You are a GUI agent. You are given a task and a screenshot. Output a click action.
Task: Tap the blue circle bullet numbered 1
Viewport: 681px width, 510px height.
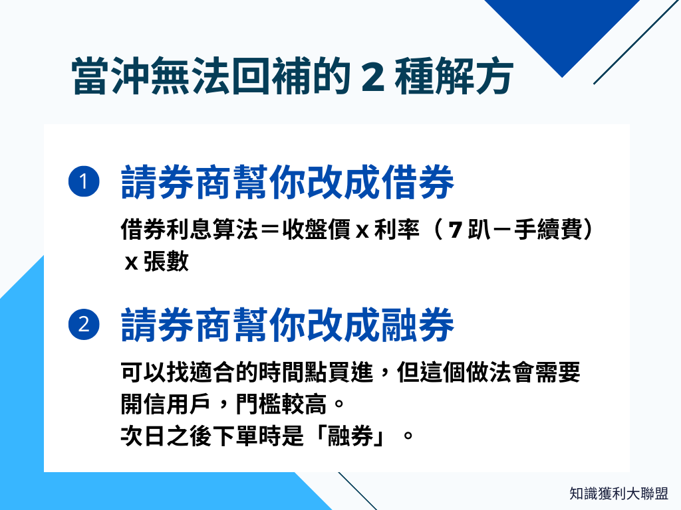pyautogui.click(x=84, y=182)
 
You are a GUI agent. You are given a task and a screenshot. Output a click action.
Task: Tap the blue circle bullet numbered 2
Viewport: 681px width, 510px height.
pyautogui.click(x=84, y=325)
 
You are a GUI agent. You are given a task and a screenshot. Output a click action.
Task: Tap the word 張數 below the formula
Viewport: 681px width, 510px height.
pyautogui.click(x=166, y=262)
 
